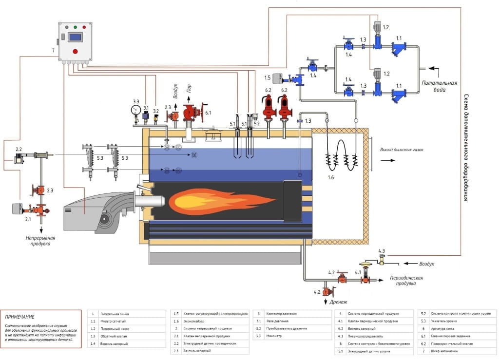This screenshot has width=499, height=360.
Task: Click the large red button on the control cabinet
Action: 75,51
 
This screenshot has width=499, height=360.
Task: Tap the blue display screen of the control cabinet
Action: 75,37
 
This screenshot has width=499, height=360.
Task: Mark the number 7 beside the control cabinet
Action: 53,50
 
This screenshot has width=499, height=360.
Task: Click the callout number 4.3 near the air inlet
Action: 382,251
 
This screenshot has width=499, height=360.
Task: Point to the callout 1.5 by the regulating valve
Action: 267,77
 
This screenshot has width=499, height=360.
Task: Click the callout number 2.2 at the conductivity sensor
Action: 19,149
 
